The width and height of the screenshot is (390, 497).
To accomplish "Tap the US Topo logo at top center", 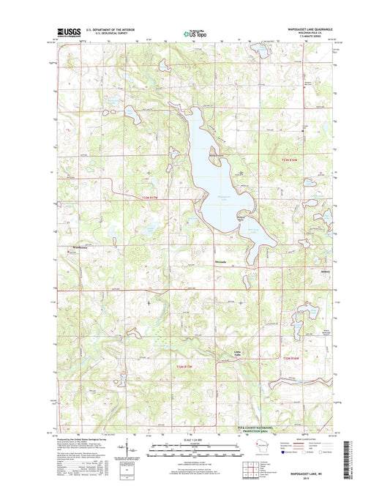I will (x=194, y=33).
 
